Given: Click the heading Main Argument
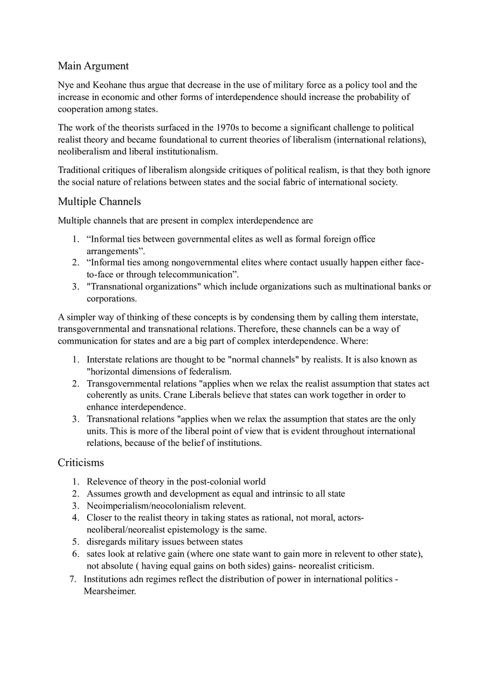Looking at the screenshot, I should (x=93, y=66).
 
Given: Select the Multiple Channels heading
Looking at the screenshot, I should (x=99, y=201).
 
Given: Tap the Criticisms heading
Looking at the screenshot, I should (x=81, y=463).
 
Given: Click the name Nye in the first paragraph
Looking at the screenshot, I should (x=66, y=85).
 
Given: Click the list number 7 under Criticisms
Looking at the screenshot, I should (x=73, y=579).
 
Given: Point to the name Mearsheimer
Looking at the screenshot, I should (x=109, y=591).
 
